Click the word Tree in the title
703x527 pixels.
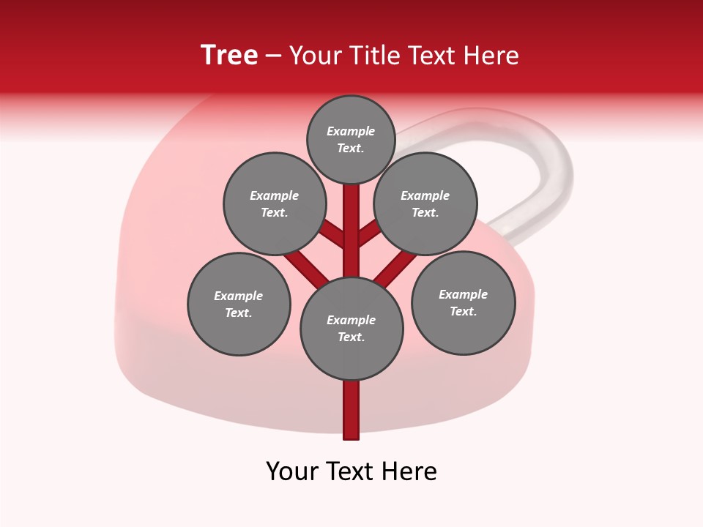click(229, 56)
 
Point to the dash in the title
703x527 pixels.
click(274, 56)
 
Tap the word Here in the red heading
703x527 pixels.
click(491, 56)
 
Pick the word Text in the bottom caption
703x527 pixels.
click(352, 471)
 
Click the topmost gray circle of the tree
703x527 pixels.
click(351, 139)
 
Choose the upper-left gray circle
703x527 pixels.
click(274, 203)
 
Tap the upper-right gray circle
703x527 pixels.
click(425, 203)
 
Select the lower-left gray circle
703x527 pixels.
click(239, 304)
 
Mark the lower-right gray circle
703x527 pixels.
click(463, 302)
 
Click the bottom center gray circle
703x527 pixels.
click(351, 328)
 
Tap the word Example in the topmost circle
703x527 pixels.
click(351, 132)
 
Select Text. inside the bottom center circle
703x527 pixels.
click(351, 337)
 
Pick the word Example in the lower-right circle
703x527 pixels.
click(463, 294)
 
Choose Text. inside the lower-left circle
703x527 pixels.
click(239, 313)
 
